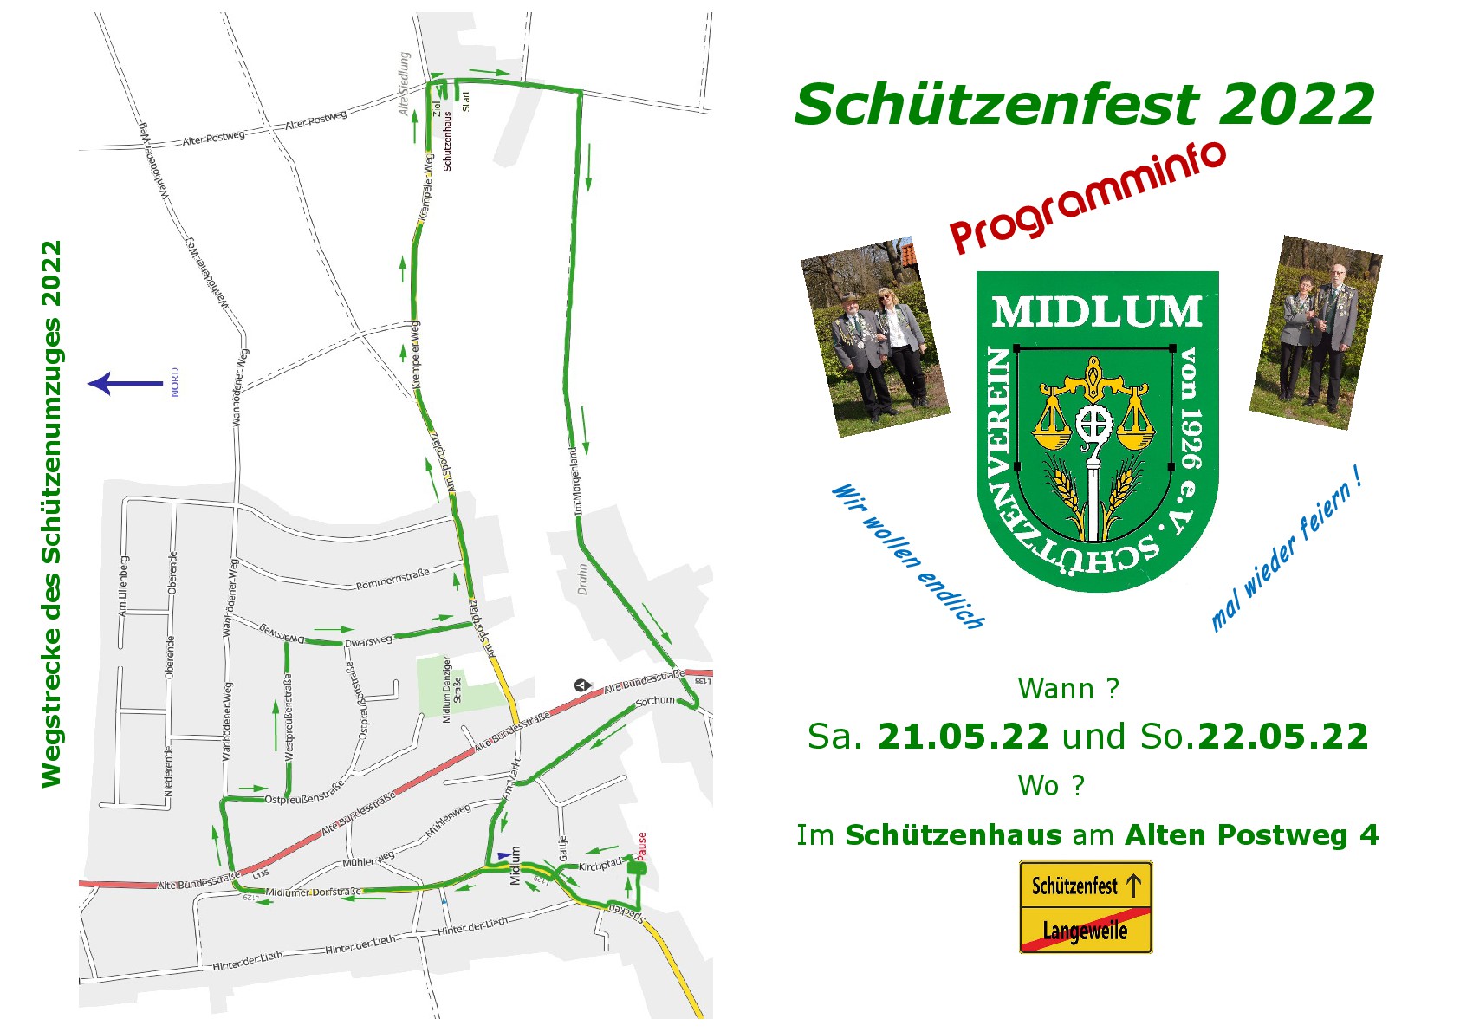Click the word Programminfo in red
pos(1087,198)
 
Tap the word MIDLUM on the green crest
pos(1096,312)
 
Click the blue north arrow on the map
pos(125,383)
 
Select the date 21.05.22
pos(963,737)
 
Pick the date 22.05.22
pos(1282,737)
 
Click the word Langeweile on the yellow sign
pos(1085,931)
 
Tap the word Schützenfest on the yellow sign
pos(1074,886)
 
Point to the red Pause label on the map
pos(642,846)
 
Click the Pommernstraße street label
pos(393,580)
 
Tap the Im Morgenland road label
pos(576,481)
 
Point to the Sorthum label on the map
pos(655,701)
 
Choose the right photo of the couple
pos(1315,332)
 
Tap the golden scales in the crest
pos(1094,407)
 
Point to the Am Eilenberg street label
pos(124,586)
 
